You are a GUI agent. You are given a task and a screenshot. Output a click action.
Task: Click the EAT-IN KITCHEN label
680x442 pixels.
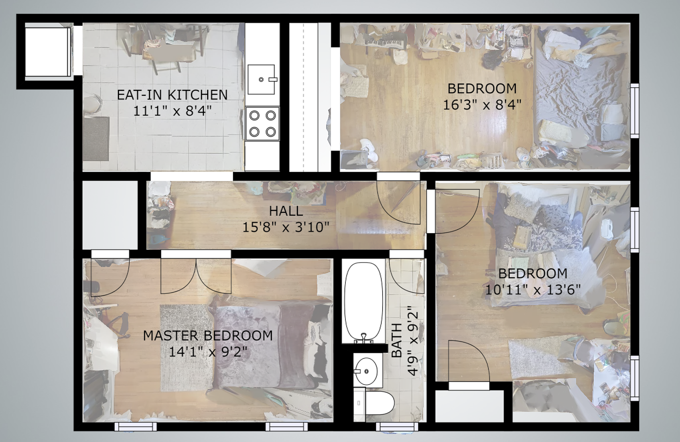(172, 95)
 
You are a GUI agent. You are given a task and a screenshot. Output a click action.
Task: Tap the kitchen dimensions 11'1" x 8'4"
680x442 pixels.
(172, 110)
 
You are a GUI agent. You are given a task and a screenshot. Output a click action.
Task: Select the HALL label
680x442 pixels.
(286, 211)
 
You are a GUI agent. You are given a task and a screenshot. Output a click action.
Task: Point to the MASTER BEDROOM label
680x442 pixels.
(208, 336)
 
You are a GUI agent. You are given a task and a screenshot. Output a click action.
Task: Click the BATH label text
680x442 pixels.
(397, 340)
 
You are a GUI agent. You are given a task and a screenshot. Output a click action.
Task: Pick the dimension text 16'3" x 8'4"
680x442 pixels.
(482, 105)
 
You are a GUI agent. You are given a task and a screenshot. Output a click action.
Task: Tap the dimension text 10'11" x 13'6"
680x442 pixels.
(533, 289)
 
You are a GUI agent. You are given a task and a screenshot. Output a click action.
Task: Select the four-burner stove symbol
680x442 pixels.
(262, 123)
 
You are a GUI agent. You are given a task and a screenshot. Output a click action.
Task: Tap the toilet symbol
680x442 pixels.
(374, 403)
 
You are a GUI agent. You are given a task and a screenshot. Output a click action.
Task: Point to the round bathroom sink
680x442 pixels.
(366, 371)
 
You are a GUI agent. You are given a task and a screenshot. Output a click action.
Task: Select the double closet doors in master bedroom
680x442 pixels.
(196, 276)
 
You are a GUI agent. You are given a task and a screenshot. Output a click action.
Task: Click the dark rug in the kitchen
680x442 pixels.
(96, 139)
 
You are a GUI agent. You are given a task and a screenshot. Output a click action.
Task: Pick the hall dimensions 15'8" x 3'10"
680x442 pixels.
(286, 227)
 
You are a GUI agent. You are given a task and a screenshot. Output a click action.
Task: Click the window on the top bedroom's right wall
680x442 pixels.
(635, 111)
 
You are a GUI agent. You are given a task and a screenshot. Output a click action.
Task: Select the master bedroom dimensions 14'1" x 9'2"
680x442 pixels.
(208, 352)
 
